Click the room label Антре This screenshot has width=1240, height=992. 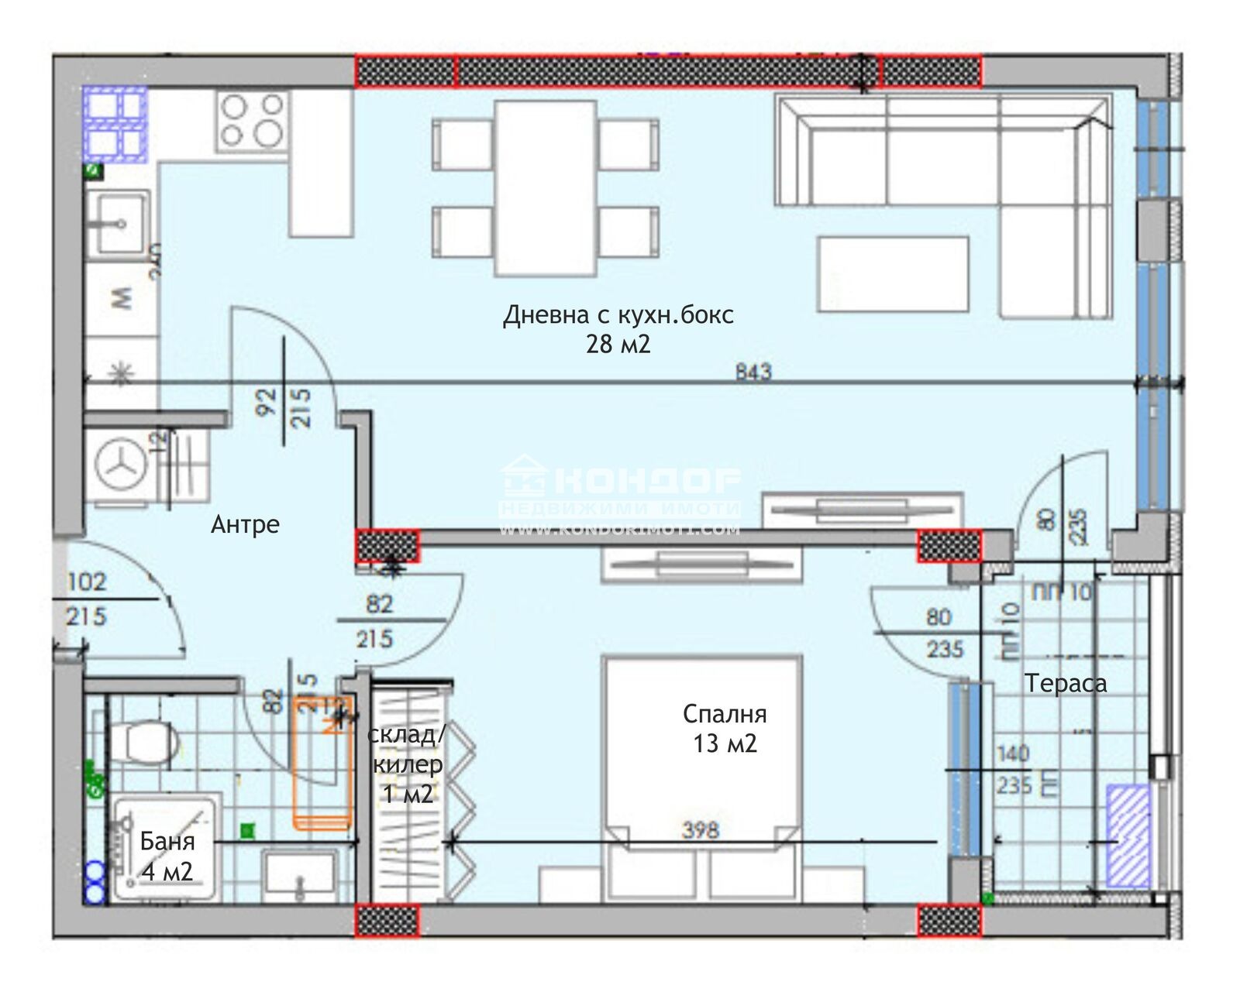click(245, 524)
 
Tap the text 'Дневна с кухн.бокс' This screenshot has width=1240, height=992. click(618, 315)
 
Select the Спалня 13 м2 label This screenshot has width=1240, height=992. click(724, 728)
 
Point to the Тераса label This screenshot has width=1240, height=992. click(1065, 683)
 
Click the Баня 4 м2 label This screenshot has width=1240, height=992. click(167, 856)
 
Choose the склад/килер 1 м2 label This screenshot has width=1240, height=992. click(406, 764)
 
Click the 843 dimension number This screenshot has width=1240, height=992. click(753, 372)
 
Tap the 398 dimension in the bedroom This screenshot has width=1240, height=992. click(700, 830)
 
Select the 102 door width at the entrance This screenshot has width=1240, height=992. click(86, 582)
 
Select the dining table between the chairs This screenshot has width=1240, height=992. click(546, 188)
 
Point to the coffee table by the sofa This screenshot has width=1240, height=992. click(893, 274)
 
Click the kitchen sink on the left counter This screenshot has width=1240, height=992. click(117, 222)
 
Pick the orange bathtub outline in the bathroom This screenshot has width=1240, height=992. click(320, 763)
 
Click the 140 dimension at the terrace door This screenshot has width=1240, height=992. click(1012, 753)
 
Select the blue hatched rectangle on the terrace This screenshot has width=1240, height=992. click(1128, 836)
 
